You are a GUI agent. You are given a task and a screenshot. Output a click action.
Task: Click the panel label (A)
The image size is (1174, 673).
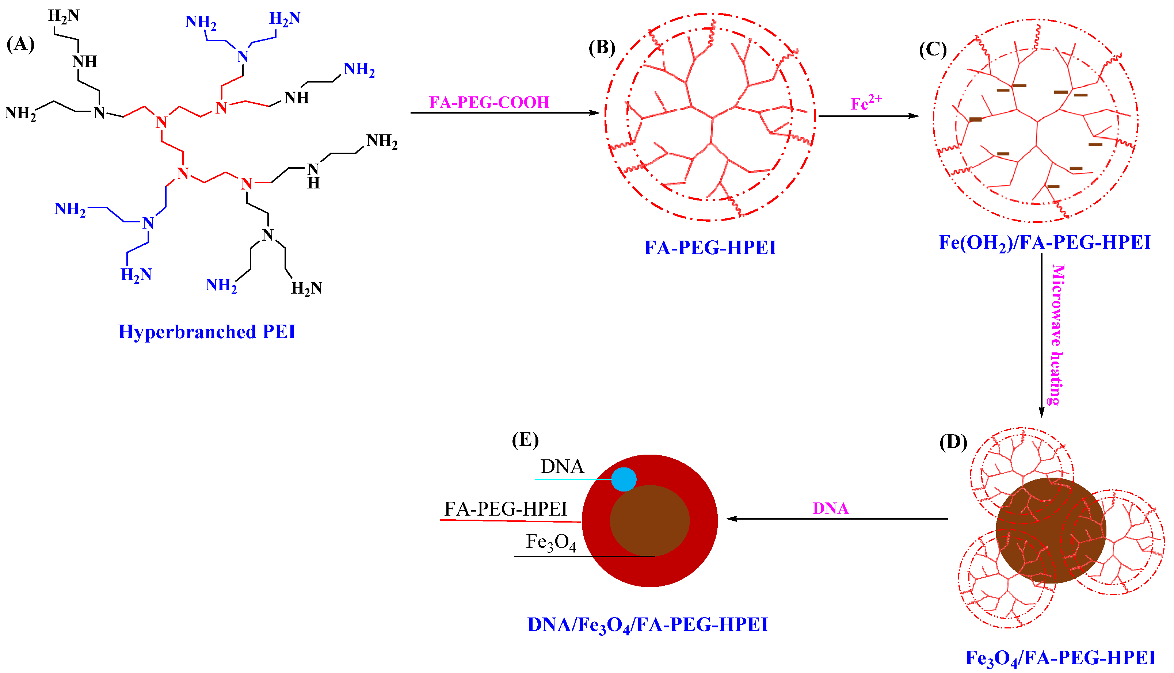click(20, 45)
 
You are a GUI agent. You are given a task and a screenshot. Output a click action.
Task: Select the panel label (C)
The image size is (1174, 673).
click(933, 49)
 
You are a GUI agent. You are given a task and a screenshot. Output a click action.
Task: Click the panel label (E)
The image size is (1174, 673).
click(525, 440)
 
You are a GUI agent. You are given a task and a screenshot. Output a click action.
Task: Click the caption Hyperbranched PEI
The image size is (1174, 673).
click(207, 332)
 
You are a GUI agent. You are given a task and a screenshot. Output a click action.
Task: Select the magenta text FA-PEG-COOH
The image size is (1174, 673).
click(489, 102)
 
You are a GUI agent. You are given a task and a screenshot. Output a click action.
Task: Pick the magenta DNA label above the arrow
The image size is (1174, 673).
click(830, 508)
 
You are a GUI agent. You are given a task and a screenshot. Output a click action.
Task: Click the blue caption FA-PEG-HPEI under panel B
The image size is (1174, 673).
click(710, 248)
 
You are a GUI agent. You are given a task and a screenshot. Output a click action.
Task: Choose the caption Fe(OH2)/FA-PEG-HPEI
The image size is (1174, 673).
click(1044, 243)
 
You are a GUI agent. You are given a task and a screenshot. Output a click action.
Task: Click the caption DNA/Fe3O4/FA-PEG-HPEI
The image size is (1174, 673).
click(647, 625)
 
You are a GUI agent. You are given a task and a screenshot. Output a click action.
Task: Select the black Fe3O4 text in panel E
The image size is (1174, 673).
click(551, 542)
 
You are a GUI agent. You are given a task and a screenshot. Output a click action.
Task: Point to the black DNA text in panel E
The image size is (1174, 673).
click(562, 466)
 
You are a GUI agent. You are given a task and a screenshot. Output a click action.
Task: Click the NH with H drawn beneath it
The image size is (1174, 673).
click(313, 176)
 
